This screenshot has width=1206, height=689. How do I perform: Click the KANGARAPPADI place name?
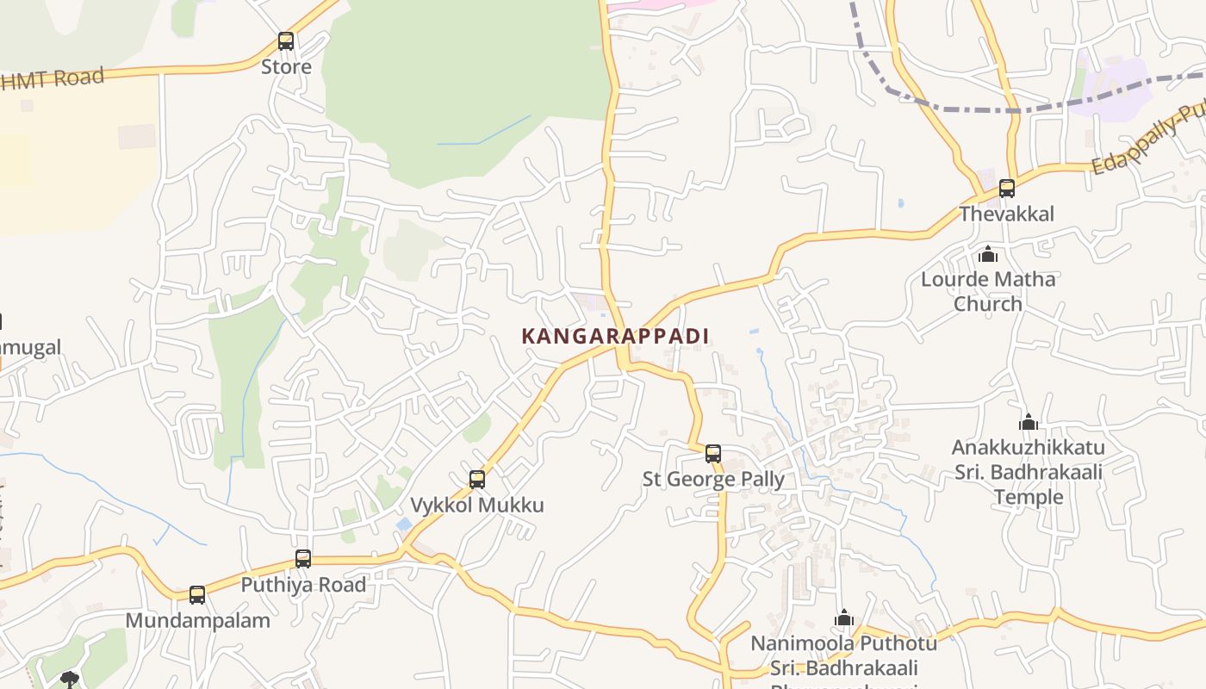click(615, 336)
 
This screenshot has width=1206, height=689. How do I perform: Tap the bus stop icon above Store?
click(286, 40)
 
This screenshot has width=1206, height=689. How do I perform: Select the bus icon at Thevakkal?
click(1007, 188)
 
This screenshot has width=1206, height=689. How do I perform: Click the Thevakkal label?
click(1007, 214)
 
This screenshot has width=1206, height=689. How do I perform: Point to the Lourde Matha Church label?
click(988, 291)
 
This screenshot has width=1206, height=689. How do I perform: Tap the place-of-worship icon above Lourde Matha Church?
click(988, 255)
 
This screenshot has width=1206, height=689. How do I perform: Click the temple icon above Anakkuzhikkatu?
click(1028, 422)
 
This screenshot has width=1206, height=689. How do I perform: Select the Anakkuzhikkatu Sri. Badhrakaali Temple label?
click(1028, 472)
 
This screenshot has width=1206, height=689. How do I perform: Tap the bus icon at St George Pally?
click(713, 453)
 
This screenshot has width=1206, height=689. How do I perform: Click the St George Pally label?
click(713, 479)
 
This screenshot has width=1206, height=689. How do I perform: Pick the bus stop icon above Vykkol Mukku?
click(477, 479)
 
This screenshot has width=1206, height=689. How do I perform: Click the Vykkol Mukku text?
click(477, 505)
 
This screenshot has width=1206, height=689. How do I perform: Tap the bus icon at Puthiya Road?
click(303, 558)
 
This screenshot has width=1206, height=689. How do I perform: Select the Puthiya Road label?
click(303, 585)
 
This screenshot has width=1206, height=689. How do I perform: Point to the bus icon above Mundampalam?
click(197, 594)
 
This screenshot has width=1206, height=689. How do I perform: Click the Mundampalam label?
click(197, 620)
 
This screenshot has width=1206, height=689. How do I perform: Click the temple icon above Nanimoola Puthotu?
click(844, 618)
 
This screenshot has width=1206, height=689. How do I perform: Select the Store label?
click(286, 66)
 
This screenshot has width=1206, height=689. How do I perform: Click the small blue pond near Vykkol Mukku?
click(403, 524)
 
